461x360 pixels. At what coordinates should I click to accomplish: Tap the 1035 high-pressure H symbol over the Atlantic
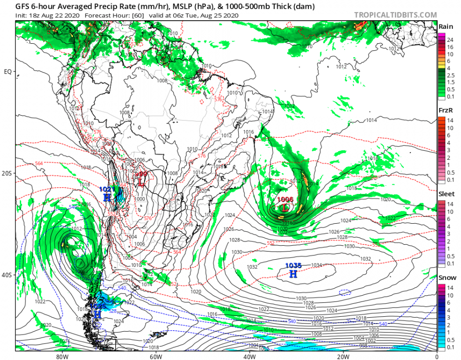tap(293, 274)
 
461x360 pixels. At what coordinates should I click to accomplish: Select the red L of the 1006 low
tap(285, 208)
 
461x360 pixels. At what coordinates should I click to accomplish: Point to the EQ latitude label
tap(8, 72)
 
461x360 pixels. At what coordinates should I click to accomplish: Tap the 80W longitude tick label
tap(61, 356)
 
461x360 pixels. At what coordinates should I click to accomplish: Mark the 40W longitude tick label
tap(249, 356)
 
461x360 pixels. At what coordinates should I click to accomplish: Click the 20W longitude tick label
tap(343, 356)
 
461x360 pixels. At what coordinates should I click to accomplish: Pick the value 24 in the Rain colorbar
tap(450, 40)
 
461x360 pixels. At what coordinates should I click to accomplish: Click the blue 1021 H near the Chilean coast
tap(107, 197)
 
